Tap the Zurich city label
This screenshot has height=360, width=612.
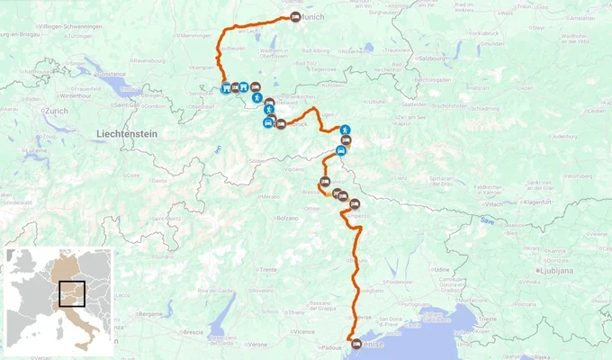[x=56, y=111]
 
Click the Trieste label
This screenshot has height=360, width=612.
[x=489, y=319]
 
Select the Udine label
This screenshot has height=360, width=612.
[x=441, y=268]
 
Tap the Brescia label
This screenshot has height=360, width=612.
[x=193, y=331]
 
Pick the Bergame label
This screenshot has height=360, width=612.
[x=149, y=313]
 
